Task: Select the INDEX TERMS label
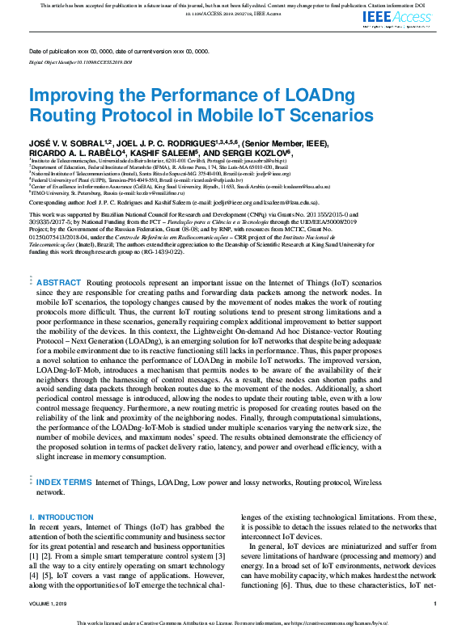[x=65, y=482]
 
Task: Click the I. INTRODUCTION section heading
[x=61, y=517]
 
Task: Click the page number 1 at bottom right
[x=434, y=603]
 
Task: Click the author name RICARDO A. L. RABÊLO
[x=75, y=151]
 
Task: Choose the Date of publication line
[x=118, y=51]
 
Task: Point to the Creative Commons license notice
[x=232, y=623]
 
